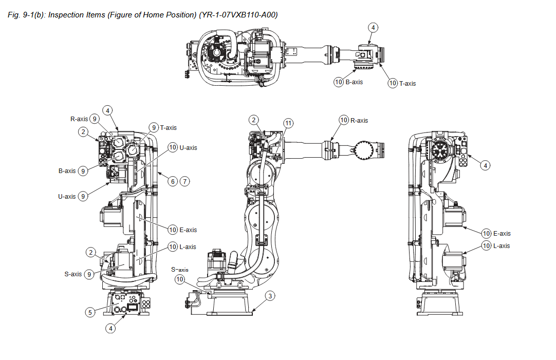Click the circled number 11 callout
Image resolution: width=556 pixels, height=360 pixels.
click(289, 123)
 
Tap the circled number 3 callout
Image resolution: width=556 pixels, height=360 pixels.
click(271, 295)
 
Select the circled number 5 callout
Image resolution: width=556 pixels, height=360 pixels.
click(89, 311)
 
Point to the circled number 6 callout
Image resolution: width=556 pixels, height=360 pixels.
click(173, 181)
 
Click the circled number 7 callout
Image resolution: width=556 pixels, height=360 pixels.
click(185, 181)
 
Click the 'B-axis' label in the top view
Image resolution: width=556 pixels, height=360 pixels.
click(354, 82)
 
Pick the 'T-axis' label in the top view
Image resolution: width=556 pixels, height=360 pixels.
click(407, 83)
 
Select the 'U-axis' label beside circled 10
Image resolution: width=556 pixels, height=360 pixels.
click(188, 148)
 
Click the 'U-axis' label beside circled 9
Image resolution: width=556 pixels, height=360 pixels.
click(67, 196)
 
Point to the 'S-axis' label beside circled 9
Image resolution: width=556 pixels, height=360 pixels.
click(73, 274)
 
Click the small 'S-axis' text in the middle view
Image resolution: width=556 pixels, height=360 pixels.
click(180, 270)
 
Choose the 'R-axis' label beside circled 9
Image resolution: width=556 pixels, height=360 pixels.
click(79, 119)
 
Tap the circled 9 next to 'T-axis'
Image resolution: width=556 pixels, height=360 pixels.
click(153, 127)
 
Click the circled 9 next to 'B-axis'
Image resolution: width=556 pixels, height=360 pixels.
click(83, 171)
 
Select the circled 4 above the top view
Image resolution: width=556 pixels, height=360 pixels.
click(373, 27)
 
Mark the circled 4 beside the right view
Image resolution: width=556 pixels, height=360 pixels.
click(486, 165)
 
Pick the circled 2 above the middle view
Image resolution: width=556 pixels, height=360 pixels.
click(253, 120)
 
